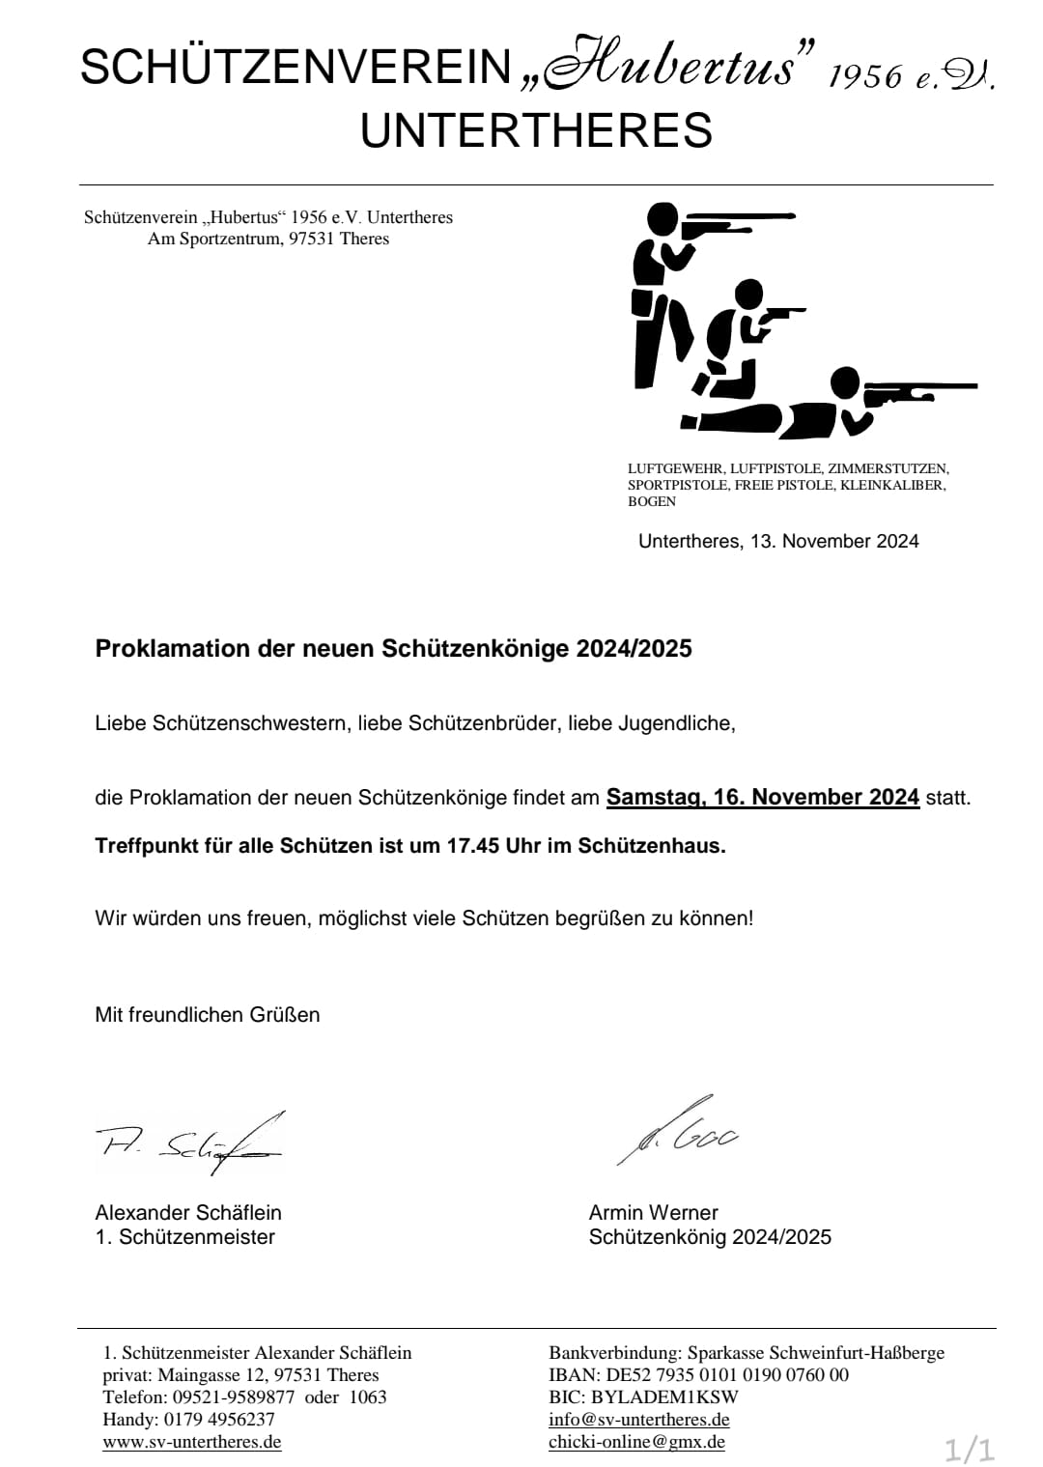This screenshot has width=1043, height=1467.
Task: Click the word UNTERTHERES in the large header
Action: (x=536, y=130)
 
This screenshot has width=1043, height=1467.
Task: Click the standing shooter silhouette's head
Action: (x=662, y=220)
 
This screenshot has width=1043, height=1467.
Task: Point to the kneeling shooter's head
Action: (x=749, y=295)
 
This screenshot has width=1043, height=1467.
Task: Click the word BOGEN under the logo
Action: (x=652, y=501)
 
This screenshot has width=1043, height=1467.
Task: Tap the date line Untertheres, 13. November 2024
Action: (x=778, y=541)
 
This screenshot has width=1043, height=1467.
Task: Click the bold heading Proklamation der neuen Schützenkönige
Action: (x=393, y=648)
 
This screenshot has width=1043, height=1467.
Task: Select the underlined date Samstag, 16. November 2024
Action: (x=762, y=797)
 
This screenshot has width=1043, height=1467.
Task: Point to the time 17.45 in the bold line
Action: (x=473, y=846)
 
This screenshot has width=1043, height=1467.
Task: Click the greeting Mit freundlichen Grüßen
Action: (x=207, y=1014)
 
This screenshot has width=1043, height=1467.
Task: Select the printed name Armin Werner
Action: (x=653, y=1212)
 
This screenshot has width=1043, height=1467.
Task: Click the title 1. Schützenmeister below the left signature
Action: (x=184, y=1237)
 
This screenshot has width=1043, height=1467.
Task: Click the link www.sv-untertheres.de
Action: (x=192, y=1442)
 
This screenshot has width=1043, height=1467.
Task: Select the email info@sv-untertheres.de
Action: (x=638, y=1420)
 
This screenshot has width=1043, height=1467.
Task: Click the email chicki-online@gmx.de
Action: (x=636, y=1442)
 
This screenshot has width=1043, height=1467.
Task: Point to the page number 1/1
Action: (x=969, y=1449)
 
